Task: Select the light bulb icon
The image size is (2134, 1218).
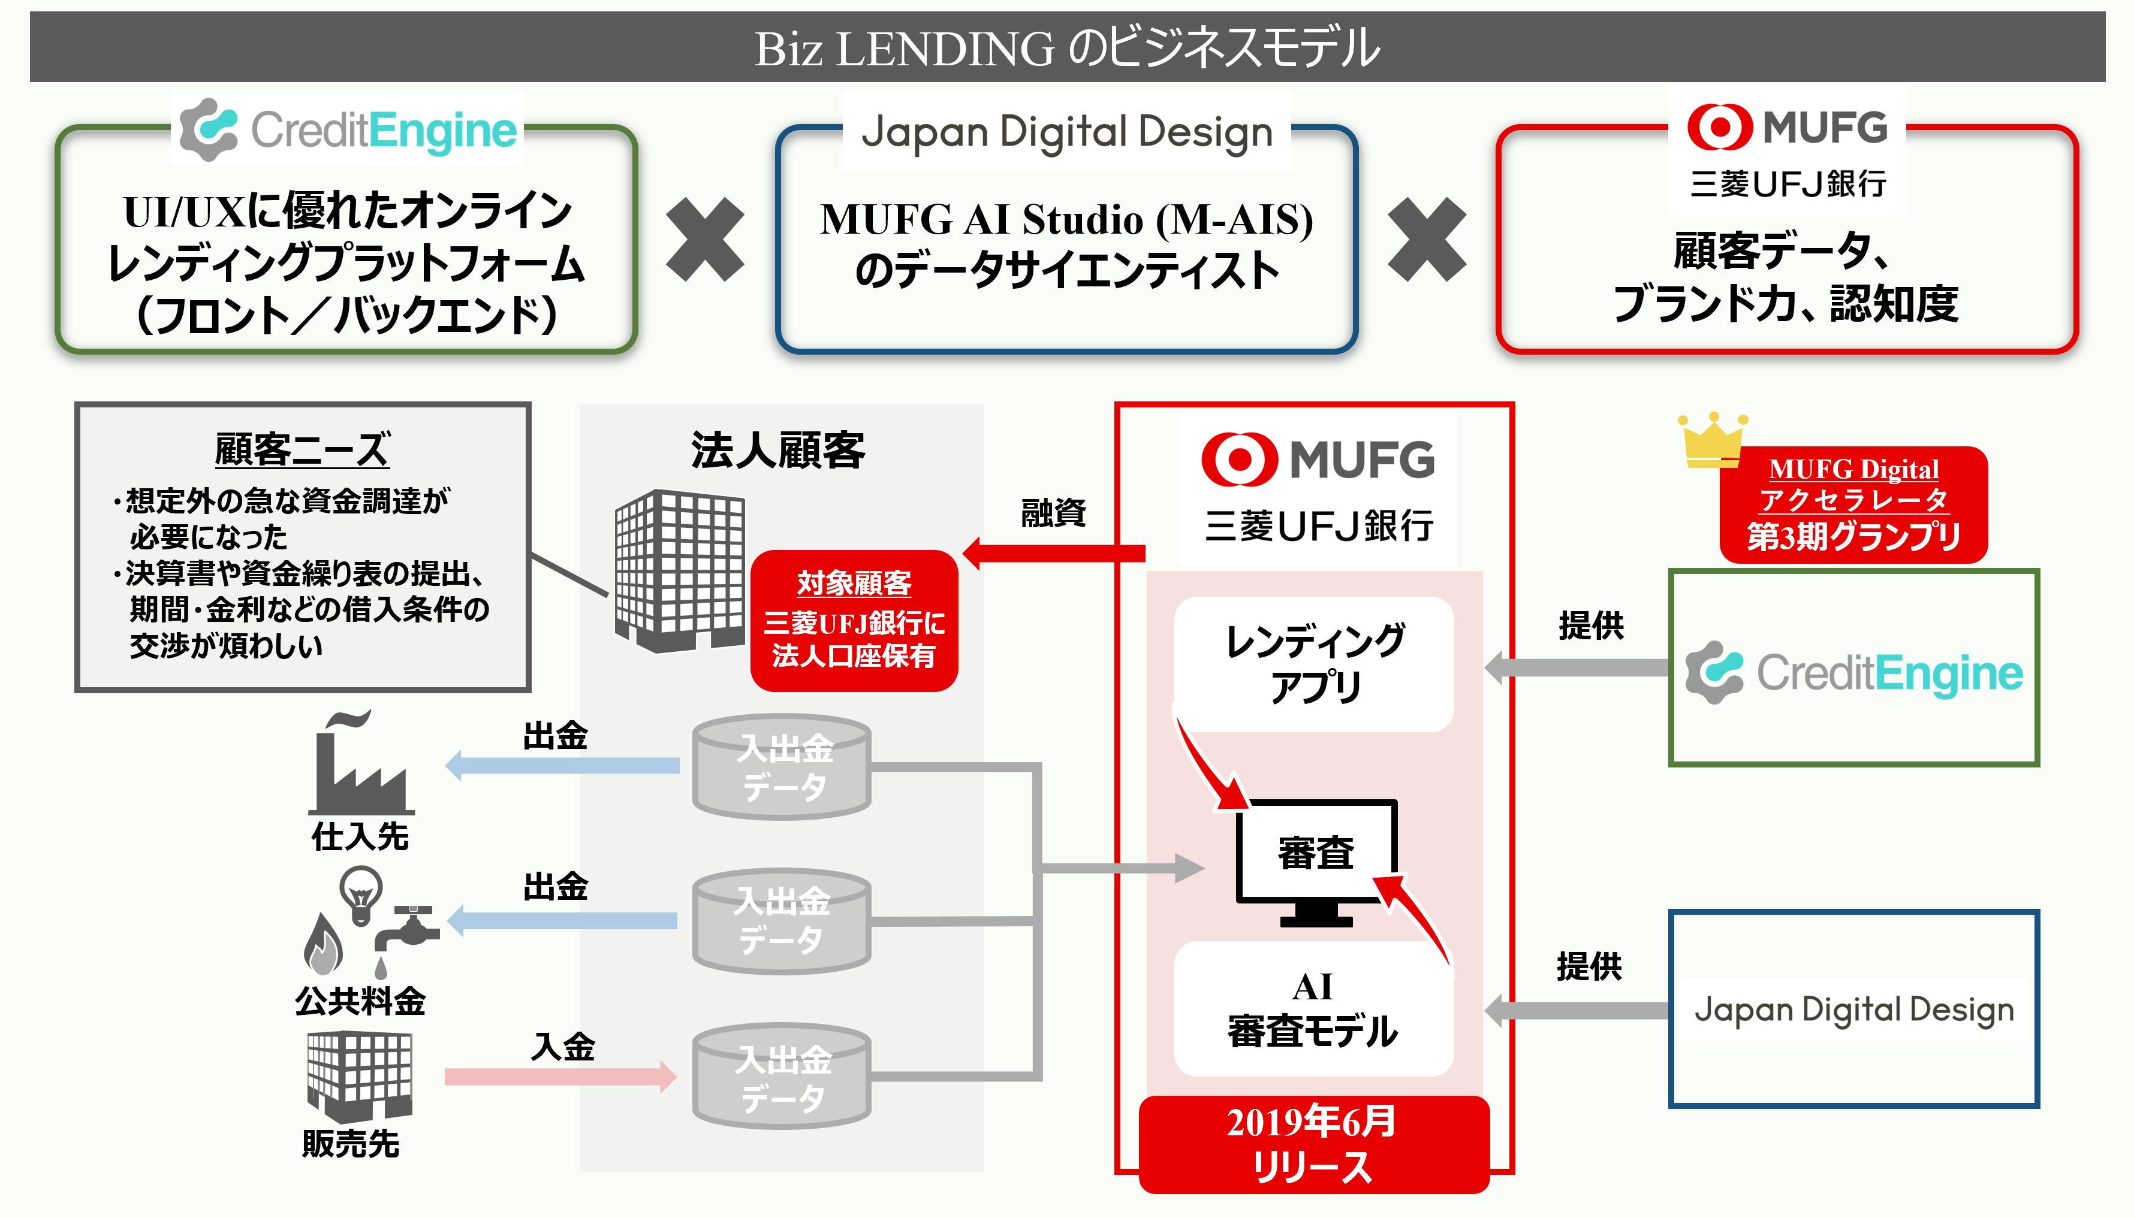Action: pos(361,893)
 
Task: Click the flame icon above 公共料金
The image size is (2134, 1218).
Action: pos(323,945)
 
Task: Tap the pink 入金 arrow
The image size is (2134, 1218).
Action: pos(560,1076)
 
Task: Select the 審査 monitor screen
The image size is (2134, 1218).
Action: pos(1316,851)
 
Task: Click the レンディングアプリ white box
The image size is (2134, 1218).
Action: pos(1314,663)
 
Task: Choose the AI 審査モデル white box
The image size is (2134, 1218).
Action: pos(1314,1009)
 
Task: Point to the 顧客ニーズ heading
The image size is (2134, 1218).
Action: pos(302,450)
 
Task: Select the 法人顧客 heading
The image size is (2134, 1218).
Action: pos(778,450)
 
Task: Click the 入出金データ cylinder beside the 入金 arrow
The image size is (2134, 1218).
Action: pos(782,1077)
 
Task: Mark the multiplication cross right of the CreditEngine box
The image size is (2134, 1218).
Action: pos(704,239)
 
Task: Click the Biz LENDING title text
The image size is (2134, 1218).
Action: pos(1067,48)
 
